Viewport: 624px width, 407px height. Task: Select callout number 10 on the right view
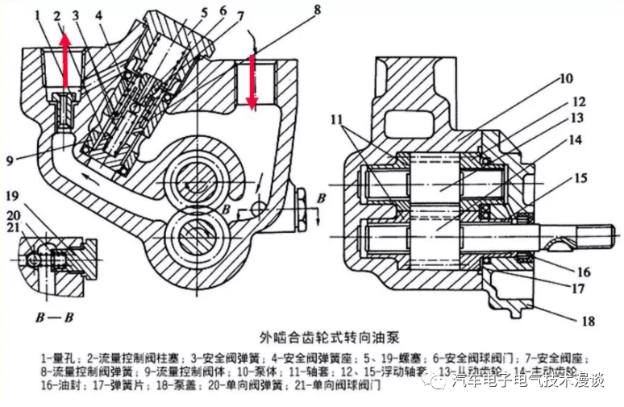pyautogui.click(x=564, y=78)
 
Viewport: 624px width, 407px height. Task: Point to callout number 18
pyautogui.click(x=588, y=321)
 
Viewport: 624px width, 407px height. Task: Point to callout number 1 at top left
pyautogui.click(x=39, y=15)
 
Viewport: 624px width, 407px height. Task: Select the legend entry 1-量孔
pyautogui.click(x=56, y=357)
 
